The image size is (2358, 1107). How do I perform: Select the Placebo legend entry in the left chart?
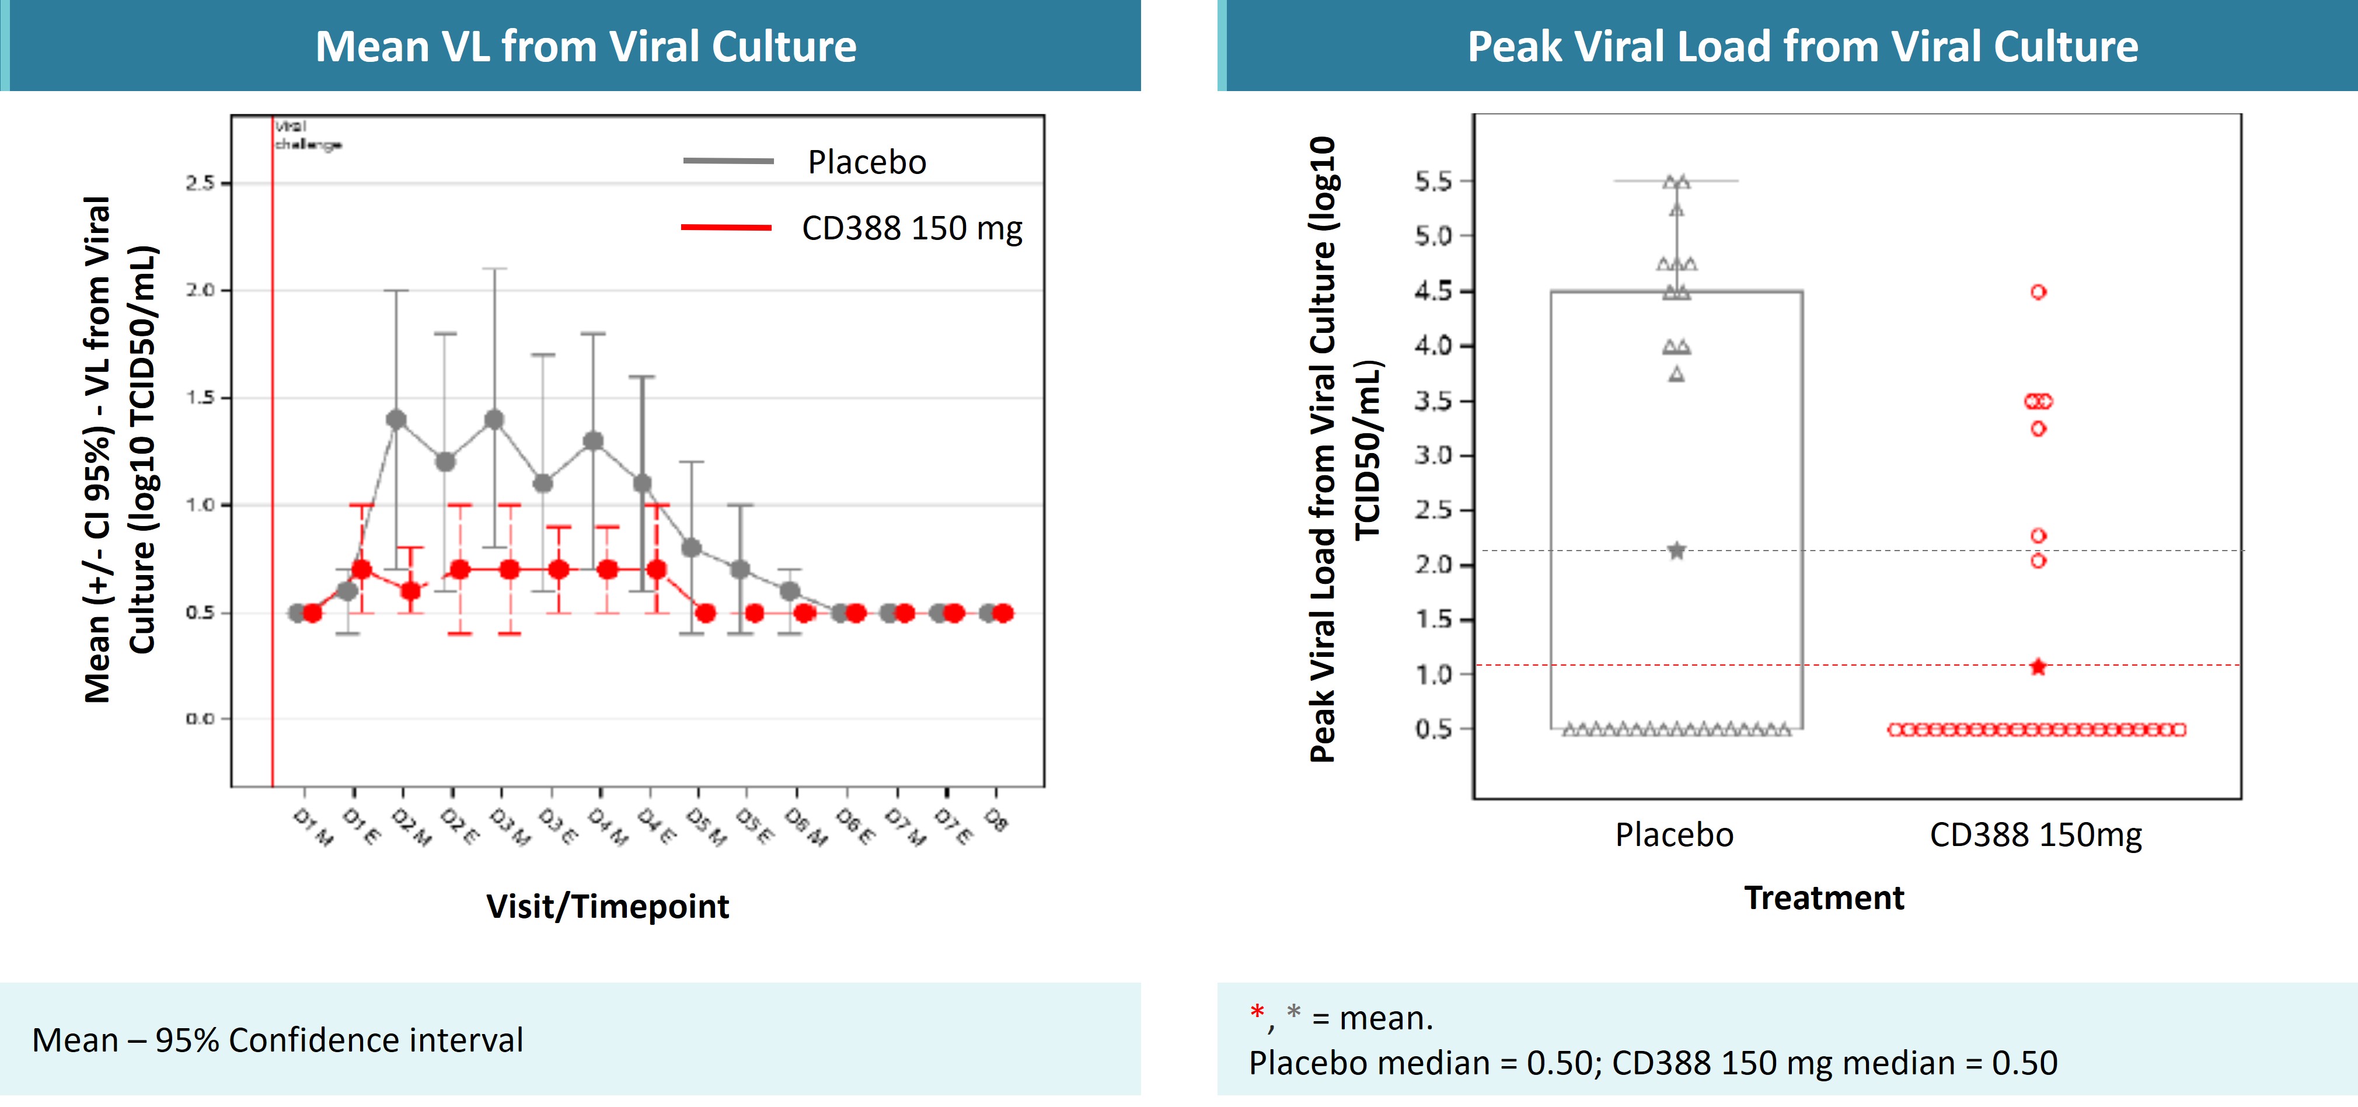coord(866,162)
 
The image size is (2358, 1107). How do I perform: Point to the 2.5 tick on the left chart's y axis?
coord(200,183)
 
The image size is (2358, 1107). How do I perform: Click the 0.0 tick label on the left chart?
coord(200,719)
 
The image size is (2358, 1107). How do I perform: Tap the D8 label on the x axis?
coord(996,820)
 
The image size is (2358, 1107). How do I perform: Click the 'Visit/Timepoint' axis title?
coord(607,907)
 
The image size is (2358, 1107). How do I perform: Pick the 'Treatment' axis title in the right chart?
coord(1823,898)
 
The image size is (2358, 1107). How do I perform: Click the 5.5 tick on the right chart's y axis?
coord(1432,182)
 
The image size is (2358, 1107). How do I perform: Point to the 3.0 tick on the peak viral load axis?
coord(1432,455)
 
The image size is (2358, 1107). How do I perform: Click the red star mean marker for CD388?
coord(2038,667)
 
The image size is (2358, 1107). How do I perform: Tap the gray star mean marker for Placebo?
coord(1676,551)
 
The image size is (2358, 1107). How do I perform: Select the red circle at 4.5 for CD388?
coord(2038,292)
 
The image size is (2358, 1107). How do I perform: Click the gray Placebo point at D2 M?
coord(396,419)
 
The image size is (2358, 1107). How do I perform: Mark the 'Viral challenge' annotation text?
coord(306,135)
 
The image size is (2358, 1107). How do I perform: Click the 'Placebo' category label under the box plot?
coord(1673,835)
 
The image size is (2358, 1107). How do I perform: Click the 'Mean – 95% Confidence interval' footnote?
coord(277,1040)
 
